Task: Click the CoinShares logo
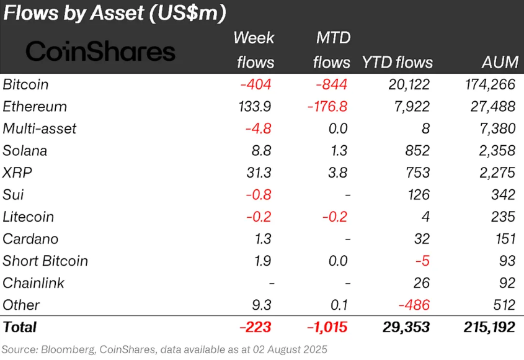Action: pos(100,51)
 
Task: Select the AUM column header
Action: pos(498,62)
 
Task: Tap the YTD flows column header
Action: pos(397,62)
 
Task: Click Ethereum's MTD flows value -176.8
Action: pos(327,106)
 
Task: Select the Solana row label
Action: pos(25,150)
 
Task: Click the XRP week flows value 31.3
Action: pos(258,173)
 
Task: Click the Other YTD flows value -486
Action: pos(414,305)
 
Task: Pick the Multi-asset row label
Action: pos(39,128)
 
